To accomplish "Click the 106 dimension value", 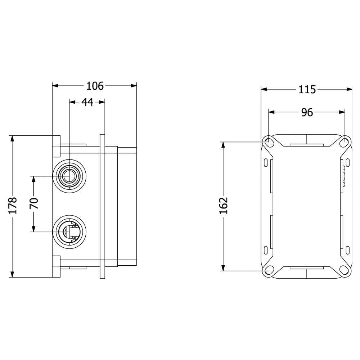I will [95, 86].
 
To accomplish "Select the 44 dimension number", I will [87, 102].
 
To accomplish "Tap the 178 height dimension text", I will [13, 206].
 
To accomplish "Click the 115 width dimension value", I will [307, 89].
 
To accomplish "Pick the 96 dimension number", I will [307, 113].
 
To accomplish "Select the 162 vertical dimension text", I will [224, 206].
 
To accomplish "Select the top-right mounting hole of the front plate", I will [345, 142].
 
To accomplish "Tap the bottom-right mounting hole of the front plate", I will [345, 271].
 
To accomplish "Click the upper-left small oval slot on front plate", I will [266, 163].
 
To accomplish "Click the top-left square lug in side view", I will [57, 146].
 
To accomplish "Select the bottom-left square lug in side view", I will [57, 266].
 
